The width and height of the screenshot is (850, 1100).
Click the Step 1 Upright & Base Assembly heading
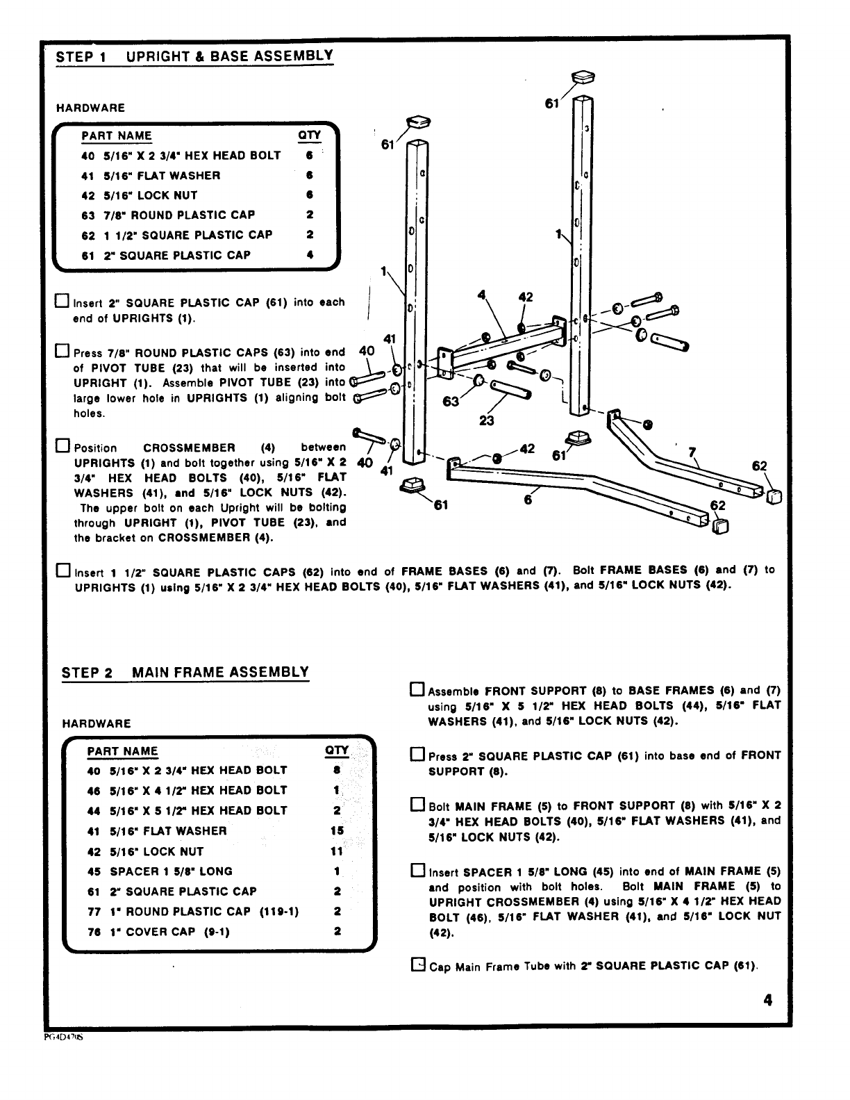[x=194, y=56]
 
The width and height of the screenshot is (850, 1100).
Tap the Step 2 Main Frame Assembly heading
[x=185, y=673]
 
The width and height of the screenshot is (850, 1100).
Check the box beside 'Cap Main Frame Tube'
[x=417, y=964]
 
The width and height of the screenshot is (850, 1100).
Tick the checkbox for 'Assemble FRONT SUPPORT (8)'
[x=417, y=690]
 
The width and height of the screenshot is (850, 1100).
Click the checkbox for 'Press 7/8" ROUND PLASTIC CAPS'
[x=62, y=351]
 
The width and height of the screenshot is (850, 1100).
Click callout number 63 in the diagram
[x=451, y=402]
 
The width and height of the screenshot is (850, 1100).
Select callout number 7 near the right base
[x=692, y=452]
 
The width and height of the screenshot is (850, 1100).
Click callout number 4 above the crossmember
[x=481, y=294]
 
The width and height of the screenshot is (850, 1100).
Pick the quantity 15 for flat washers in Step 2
[x=337, y=830]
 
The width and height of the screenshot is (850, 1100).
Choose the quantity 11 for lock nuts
[x=337, y=851]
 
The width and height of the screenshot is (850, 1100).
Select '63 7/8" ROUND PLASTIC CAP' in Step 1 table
[x=168, y=215]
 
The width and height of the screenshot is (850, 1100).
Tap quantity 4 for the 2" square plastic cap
[x=310, y=255]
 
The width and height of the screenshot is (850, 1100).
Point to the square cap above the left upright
[x=420, y=122]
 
